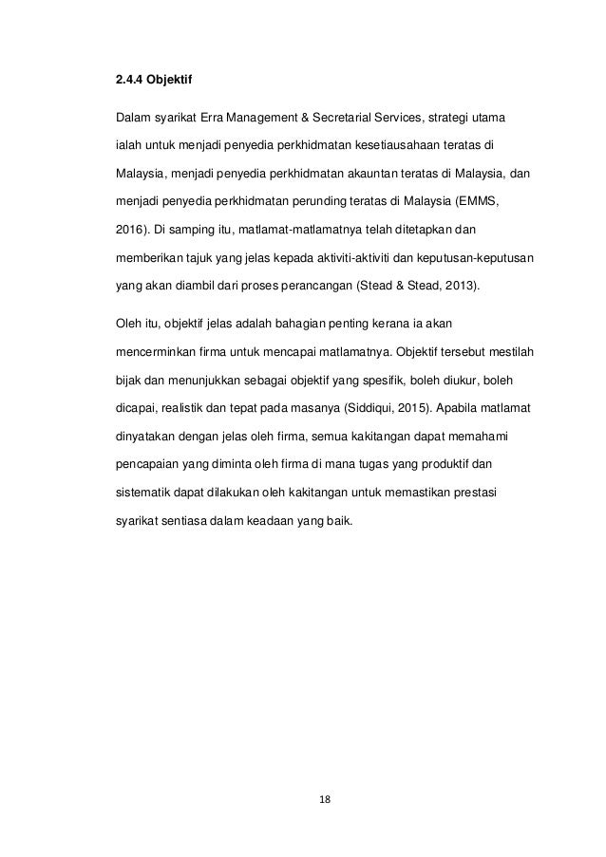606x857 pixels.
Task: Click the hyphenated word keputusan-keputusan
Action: [x=476, y=257]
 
